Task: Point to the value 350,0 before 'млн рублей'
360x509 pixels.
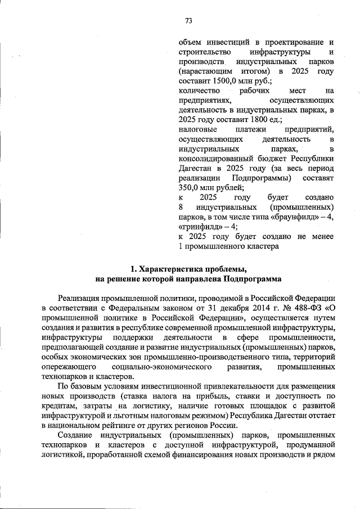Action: [191, 188]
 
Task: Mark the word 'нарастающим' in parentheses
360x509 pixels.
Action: [204, 71]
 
